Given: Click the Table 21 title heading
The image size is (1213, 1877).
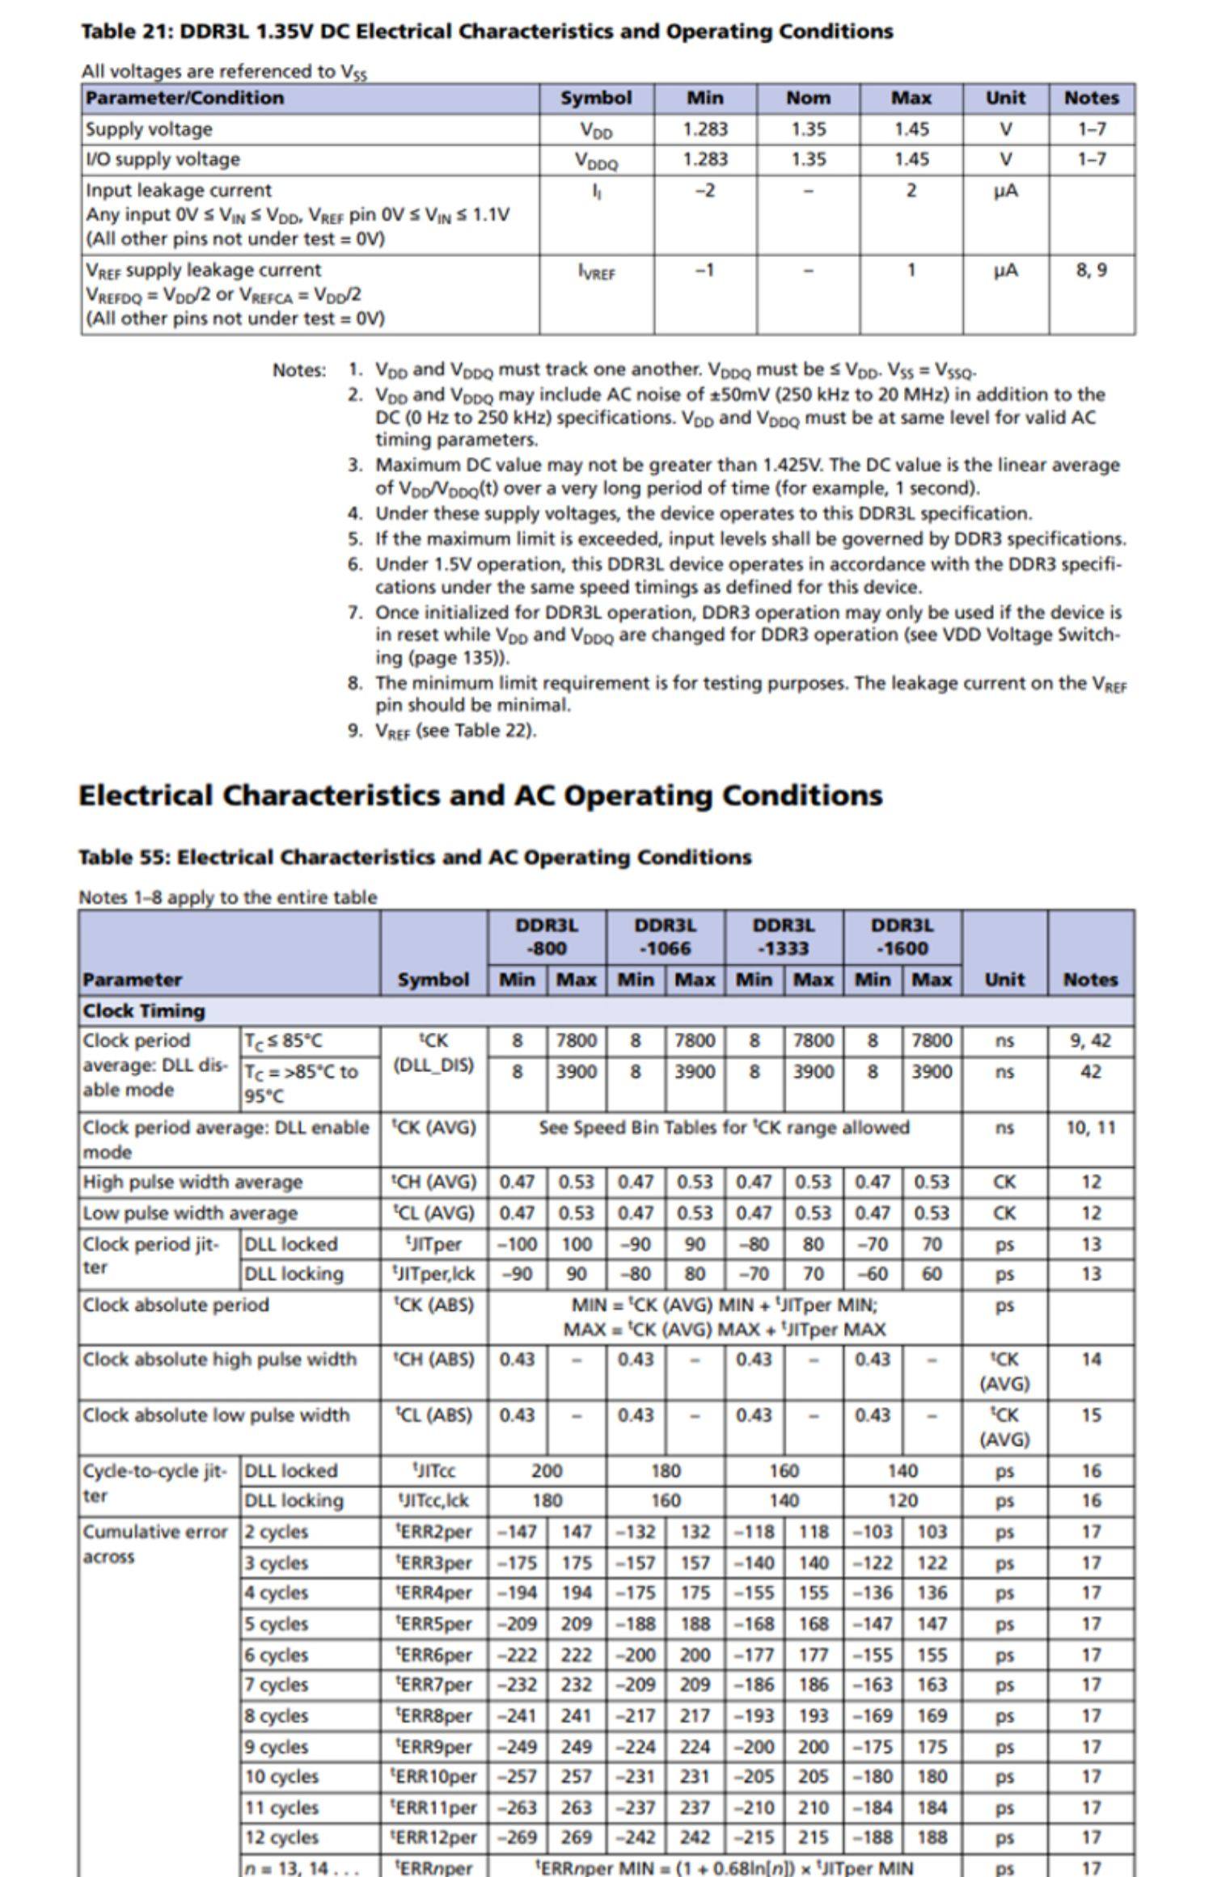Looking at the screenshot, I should (x=486, y=32).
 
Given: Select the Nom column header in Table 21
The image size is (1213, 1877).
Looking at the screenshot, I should (x=808, y=99).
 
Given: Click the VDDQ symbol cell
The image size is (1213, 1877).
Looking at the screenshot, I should (x=596, y=161).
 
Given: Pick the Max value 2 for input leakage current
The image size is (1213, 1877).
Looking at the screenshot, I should (x=911, y=191).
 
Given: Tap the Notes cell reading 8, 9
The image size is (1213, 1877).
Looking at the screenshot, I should (x=1091, y=270).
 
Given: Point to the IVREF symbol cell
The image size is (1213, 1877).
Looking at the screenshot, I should (x=596, y=272).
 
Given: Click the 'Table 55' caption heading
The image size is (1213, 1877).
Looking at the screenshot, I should (x=414, y=857).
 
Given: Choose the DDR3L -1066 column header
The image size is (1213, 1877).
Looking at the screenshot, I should (x=665, y=936).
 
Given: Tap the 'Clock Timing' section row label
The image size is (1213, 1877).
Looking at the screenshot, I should (x=144, y=1010).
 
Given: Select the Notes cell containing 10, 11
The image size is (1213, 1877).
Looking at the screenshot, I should (x=1090, y=1127).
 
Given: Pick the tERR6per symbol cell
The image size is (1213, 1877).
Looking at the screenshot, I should (x=434, y=1655).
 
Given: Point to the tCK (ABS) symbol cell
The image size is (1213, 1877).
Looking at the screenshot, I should (x=434, y=1305).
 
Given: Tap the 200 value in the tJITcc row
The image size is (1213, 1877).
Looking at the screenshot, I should (x=547, y=1470).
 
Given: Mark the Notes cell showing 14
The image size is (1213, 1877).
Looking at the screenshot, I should (x=1090, y=1359).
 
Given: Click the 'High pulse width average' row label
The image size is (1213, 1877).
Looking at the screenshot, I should (x=192, y=1182).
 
